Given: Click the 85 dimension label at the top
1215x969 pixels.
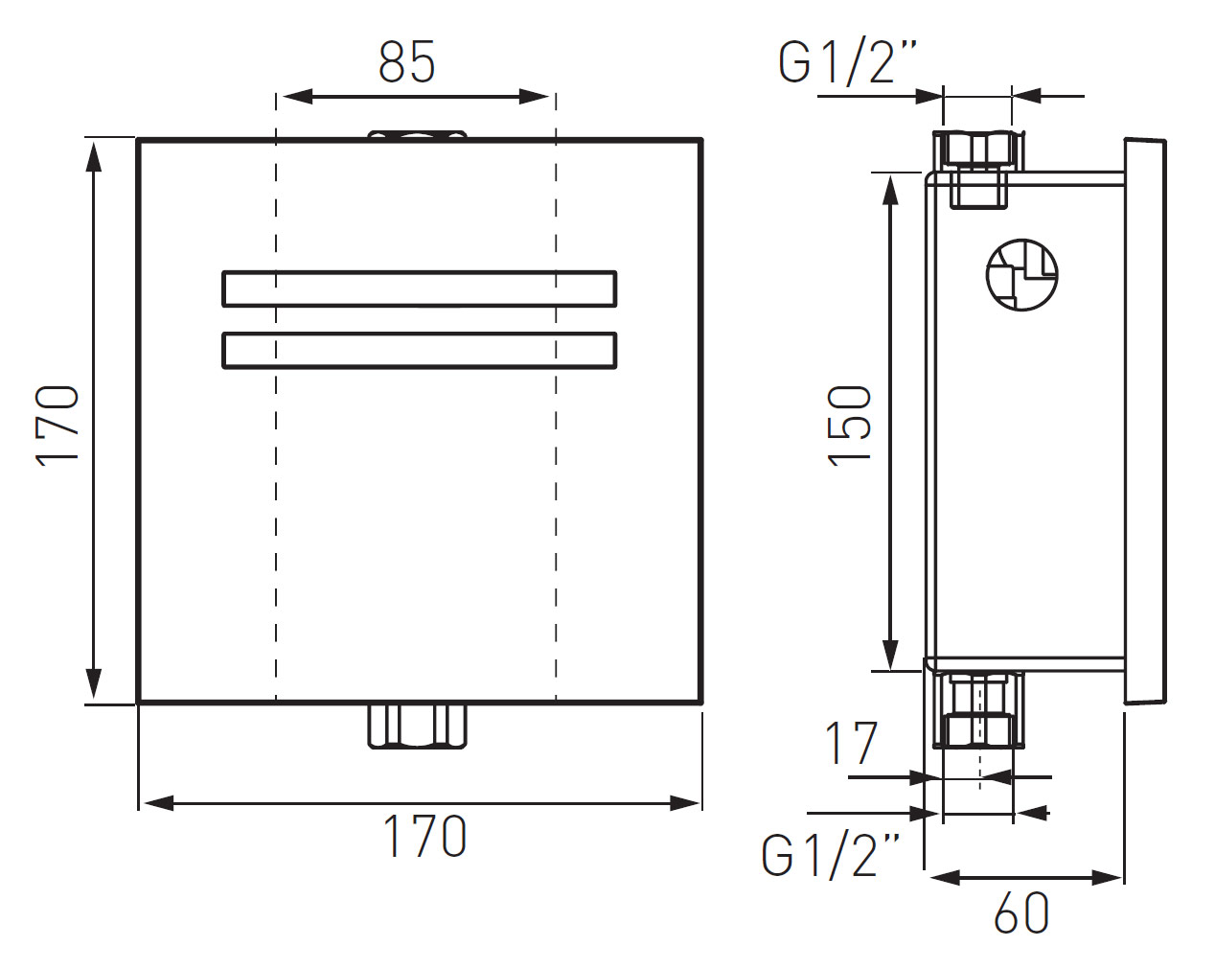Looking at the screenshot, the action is click(x=406, y=62).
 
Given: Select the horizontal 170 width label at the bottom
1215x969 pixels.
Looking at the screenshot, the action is click(x=424, y=836).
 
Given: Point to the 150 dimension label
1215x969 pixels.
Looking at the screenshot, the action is click(x=850, y=427).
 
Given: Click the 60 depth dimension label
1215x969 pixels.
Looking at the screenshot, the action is click(x=1021, y=913).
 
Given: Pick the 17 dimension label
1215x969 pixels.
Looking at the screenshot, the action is click(x=852, y=744).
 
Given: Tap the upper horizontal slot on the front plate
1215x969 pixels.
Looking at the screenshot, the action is click(x=420, y=289).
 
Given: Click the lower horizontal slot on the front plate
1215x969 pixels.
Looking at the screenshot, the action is click(x=420, y=351).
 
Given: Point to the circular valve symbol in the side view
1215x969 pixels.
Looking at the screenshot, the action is click(x=1021, y=274).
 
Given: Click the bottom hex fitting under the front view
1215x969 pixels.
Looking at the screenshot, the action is click(x=418, y=727).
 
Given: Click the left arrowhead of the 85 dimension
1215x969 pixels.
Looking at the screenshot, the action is click(x=297, y=97).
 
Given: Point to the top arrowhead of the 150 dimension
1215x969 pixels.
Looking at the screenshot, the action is click(x=890, y=190).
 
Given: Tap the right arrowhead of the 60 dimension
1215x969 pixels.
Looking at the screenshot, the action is click(x=1107, y=878).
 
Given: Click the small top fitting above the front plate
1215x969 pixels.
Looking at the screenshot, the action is click(x=418, y=135).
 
